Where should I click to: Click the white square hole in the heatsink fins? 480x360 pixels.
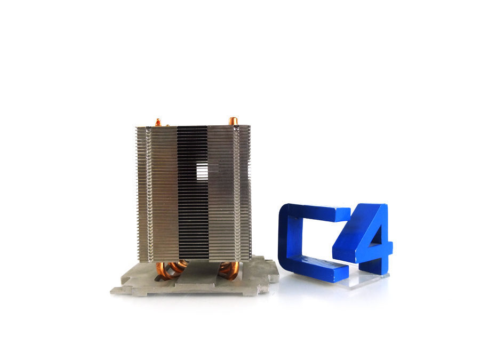[202, 171]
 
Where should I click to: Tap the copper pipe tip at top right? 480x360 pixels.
[232, 121]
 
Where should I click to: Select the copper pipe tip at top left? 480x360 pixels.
[157, 122]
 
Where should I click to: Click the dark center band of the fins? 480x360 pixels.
[192, 213]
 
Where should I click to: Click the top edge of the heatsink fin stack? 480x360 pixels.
[192, 127]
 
